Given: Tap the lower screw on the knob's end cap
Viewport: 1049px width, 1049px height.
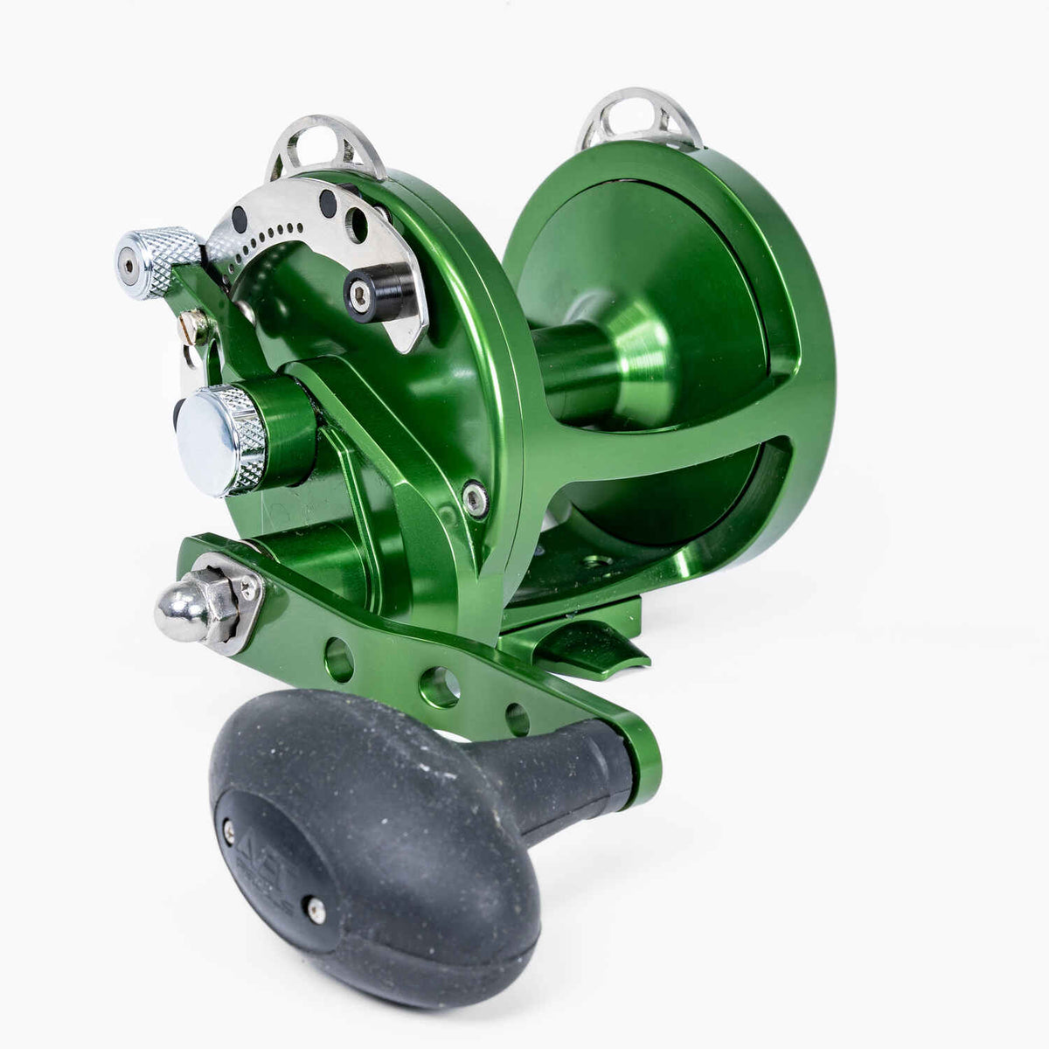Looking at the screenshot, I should (316, 912).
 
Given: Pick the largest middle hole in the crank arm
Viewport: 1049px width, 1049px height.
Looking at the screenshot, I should (439, 686).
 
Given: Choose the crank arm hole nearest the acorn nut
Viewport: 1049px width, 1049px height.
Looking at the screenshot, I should (339, 659).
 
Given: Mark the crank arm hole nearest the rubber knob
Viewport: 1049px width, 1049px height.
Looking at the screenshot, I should (518, 719).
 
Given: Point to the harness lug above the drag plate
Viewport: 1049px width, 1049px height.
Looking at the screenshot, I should (325, 144).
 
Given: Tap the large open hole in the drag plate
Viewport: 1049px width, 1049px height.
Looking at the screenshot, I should (357, 225).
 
